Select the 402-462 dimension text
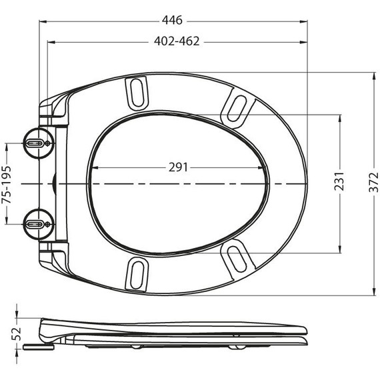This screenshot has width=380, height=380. pos(173,41)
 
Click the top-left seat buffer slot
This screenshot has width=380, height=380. pos(137,91)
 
